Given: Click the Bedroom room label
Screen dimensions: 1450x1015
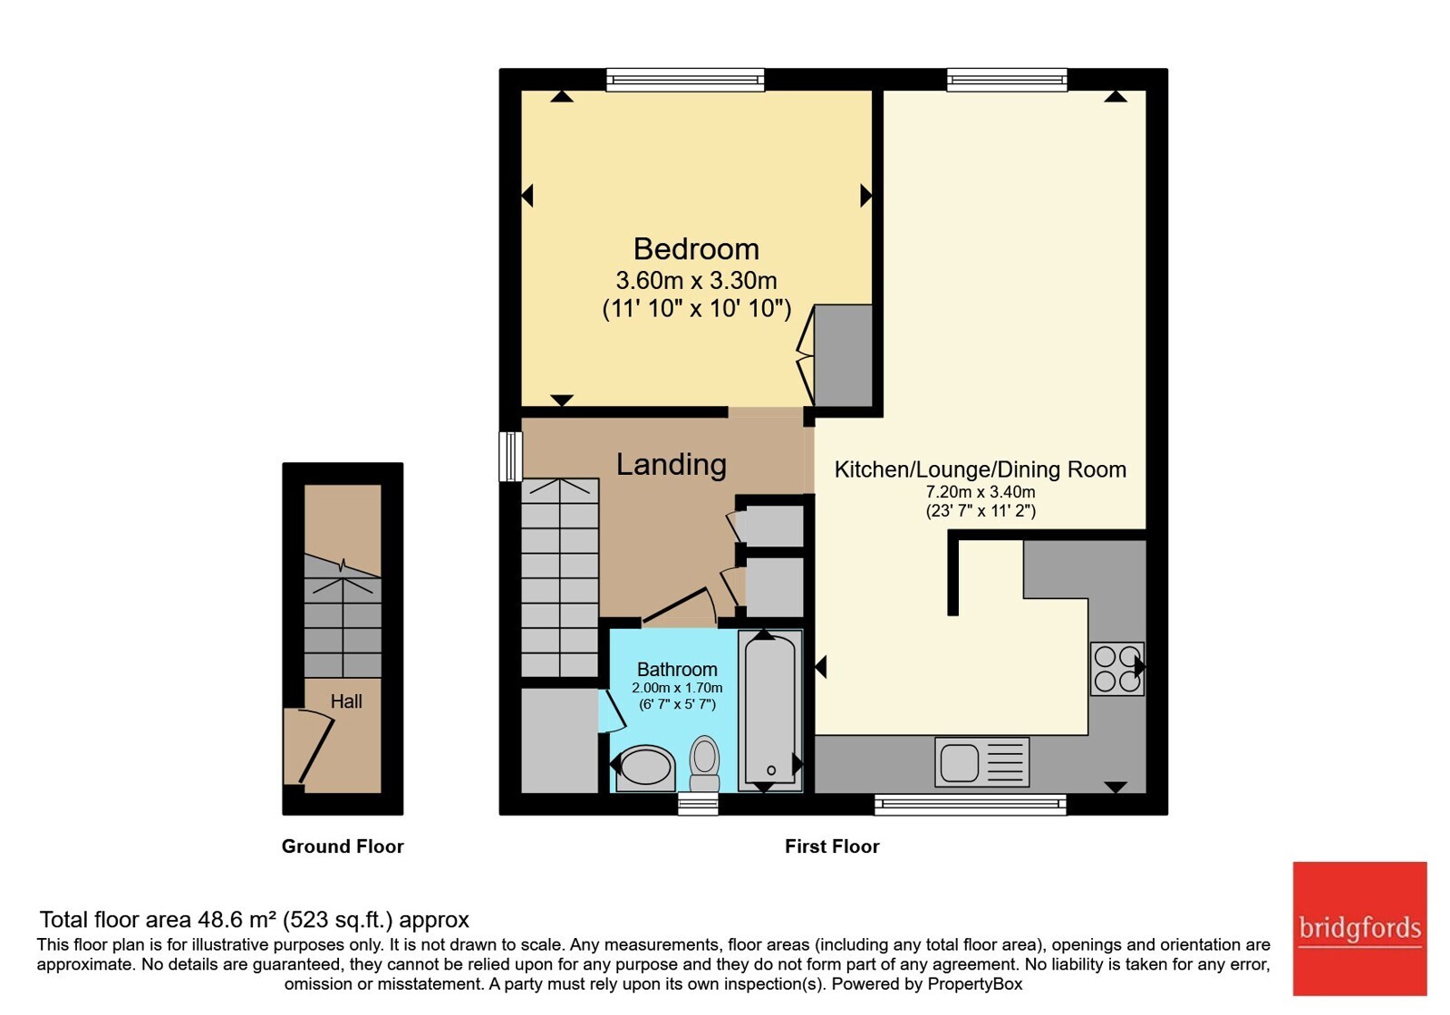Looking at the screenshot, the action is [696, 249].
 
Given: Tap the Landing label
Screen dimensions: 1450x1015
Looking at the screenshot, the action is [672, 464].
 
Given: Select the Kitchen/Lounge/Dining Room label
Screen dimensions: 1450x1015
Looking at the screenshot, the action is [980, 469].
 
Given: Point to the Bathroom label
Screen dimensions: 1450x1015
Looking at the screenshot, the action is [677, 670].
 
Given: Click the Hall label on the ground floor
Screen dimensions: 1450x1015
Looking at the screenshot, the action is [346, 701].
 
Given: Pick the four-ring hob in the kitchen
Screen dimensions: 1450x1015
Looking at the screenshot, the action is [1117, 669].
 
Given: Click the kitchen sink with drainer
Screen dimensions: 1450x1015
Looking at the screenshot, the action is [982, 762].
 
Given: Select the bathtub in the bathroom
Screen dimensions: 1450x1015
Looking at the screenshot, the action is [770, 710].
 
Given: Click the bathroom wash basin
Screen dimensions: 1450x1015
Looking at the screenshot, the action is [644, 768].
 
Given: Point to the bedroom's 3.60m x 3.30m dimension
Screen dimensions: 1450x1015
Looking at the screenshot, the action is [697, 281].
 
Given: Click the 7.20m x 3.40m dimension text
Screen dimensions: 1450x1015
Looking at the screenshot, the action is [981, 492].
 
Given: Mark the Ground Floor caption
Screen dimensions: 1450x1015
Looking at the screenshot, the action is [343, 846].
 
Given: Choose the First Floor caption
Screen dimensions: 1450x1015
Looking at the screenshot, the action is [832, 846].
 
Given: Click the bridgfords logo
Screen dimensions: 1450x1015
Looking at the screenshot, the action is [1360, 928].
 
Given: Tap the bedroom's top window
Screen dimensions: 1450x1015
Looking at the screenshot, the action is [685, 80].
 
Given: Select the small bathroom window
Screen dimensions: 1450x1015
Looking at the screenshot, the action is [699, 804].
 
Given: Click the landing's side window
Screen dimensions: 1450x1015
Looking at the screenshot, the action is [510, 457].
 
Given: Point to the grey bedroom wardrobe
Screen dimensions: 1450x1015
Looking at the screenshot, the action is [843, 355].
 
